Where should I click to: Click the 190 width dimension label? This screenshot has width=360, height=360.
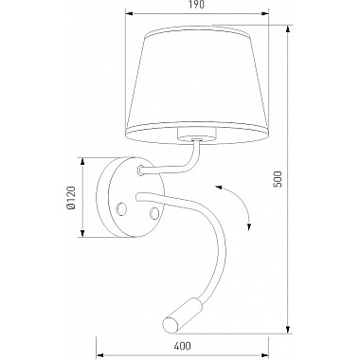point(197,5)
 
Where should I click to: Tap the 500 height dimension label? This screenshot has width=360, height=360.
point(277,179)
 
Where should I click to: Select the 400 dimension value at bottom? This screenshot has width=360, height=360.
point(183,346)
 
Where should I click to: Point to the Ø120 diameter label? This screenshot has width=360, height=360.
point(71,198)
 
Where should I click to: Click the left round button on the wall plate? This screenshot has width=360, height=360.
point(122,209)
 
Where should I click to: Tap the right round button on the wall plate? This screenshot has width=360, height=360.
point(154,213)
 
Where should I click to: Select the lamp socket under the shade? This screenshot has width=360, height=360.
point(197,134)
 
